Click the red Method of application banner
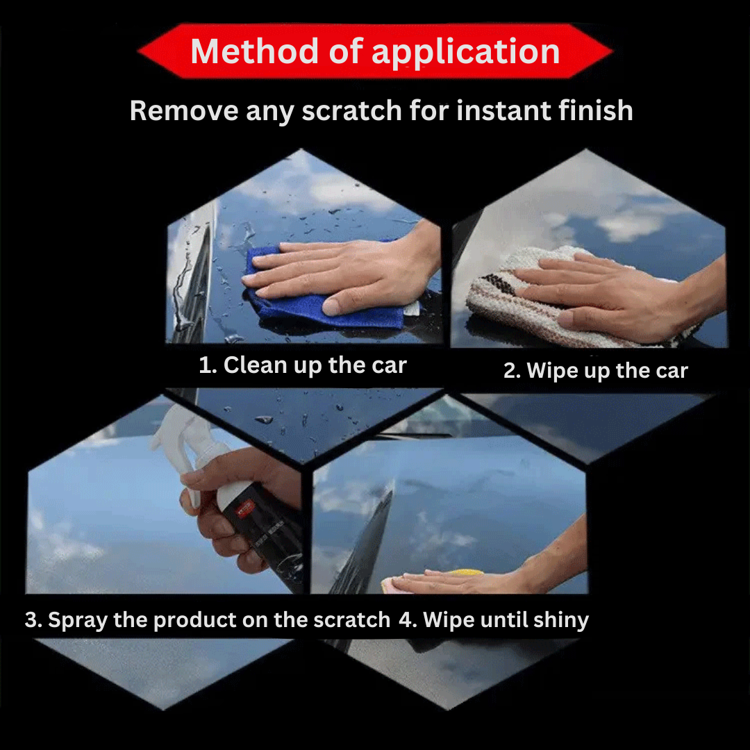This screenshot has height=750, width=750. pos(375,51)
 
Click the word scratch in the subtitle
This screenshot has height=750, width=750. pos(351,110)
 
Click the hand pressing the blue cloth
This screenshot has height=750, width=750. pos(344,273)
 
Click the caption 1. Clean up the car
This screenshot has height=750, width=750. pos(302,365)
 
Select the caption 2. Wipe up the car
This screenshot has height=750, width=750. pos(596,371)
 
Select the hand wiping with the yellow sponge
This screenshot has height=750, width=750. pos(492,572)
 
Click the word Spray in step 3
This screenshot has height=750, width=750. pos(78,620)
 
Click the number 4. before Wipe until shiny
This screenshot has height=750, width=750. pos(408,620)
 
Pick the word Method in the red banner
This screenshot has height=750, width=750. pos(254,51)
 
